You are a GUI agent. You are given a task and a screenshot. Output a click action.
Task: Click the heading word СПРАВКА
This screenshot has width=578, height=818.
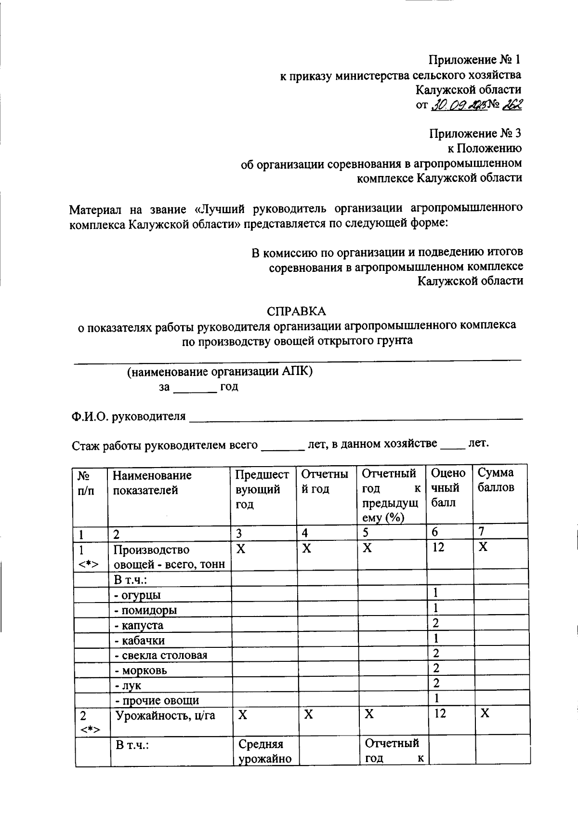click(x=296, y=311)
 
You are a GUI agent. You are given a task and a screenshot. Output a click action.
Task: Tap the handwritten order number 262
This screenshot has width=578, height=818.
click(x=511, y=105)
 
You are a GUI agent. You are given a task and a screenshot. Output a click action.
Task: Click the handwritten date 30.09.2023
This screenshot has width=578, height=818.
click(x=457, y=105)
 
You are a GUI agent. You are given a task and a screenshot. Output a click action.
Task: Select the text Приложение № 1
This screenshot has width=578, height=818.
click(x=474, y=60)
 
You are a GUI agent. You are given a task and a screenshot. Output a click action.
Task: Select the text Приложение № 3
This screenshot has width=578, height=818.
click(x=474, y=133)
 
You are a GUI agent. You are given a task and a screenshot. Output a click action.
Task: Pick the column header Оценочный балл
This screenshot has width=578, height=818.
click(x=448, y=488)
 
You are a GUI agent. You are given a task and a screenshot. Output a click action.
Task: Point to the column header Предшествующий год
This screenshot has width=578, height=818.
click(x=262, y=489)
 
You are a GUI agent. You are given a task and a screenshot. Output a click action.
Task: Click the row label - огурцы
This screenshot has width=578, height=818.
click(x=138, y=595)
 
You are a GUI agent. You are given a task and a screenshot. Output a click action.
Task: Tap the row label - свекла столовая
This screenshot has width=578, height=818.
click(x=161, y=655)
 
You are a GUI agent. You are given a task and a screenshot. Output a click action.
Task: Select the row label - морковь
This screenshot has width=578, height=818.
click(x=141, y=670)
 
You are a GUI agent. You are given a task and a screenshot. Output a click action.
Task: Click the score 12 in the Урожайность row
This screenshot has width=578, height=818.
click(x=439, y=713)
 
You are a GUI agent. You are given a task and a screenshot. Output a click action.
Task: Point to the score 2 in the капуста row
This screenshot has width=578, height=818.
click(x=435, y=623)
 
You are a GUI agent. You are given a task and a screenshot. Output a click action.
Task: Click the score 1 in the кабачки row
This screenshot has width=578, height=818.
click(x=435, y=639)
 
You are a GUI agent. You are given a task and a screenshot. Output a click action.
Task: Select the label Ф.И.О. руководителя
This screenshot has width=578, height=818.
click(x=129, y=416)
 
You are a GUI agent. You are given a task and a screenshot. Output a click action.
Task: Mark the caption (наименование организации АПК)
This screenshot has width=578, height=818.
click(x=220, y=372)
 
